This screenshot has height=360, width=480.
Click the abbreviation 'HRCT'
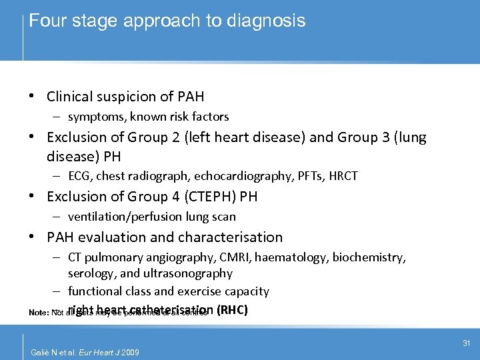point(342,176)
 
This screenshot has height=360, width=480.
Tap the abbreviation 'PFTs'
point(308,176)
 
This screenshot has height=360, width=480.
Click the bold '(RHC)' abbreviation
point(233,310)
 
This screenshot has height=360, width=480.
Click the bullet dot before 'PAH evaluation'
point(32,237)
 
